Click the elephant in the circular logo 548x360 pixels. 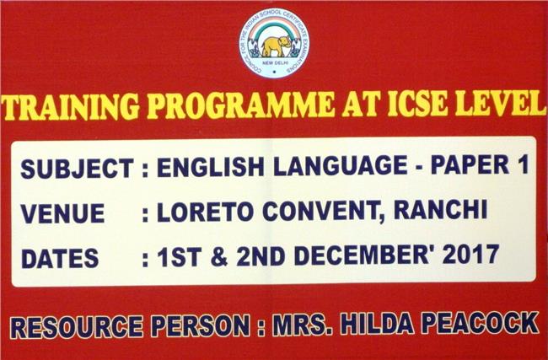(x=276, y=46)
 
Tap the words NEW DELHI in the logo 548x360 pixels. (x=275, y=63)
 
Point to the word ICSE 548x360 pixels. (x=417, y=104)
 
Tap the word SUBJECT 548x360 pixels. (x=78, y=168)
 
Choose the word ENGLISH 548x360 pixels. (x=211, y=166)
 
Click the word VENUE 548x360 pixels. (x=62, y=213)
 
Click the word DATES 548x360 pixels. (x=60, y=258)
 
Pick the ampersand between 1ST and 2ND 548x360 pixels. (x=219, y=257)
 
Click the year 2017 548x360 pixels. (x=470, y=254)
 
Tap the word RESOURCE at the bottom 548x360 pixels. (x=77, y=327)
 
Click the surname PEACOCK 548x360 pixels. (x=481, y=322)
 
